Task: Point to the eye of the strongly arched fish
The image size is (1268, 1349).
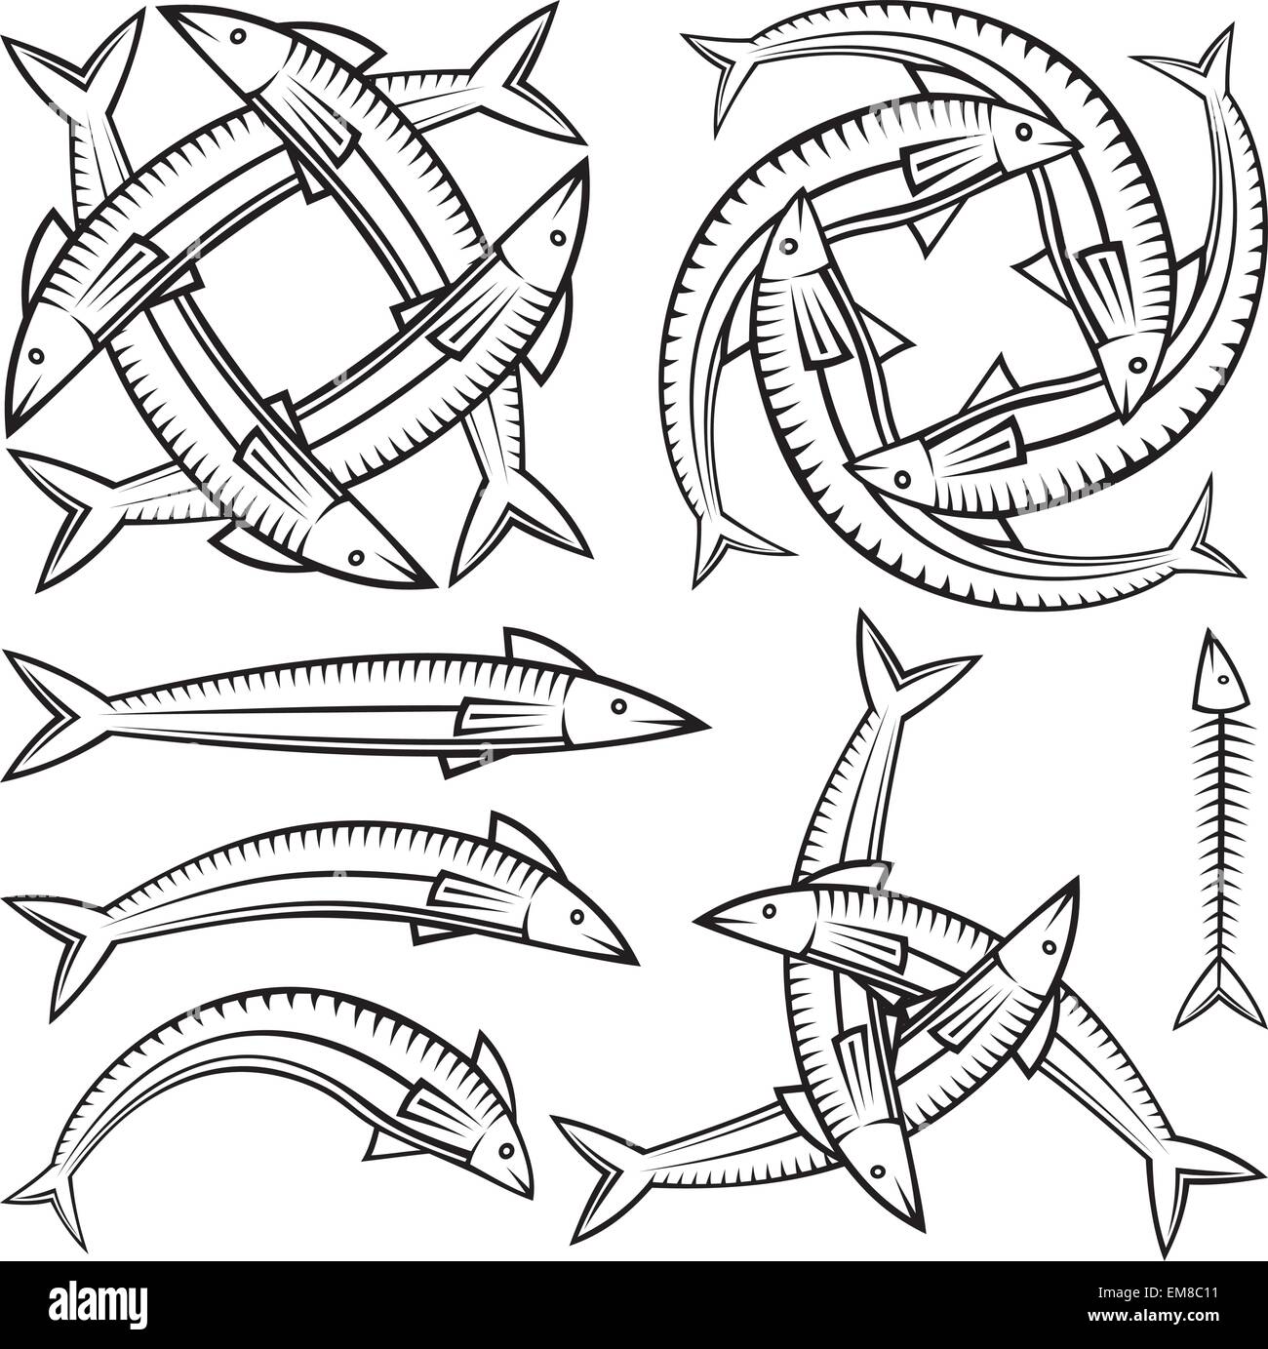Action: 505,1148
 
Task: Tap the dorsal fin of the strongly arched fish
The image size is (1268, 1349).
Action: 493,1062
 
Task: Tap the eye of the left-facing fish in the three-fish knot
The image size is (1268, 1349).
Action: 770,911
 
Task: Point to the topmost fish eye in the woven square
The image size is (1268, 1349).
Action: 237,37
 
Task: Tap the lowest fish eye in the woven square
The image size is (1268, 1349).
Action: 357,557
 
